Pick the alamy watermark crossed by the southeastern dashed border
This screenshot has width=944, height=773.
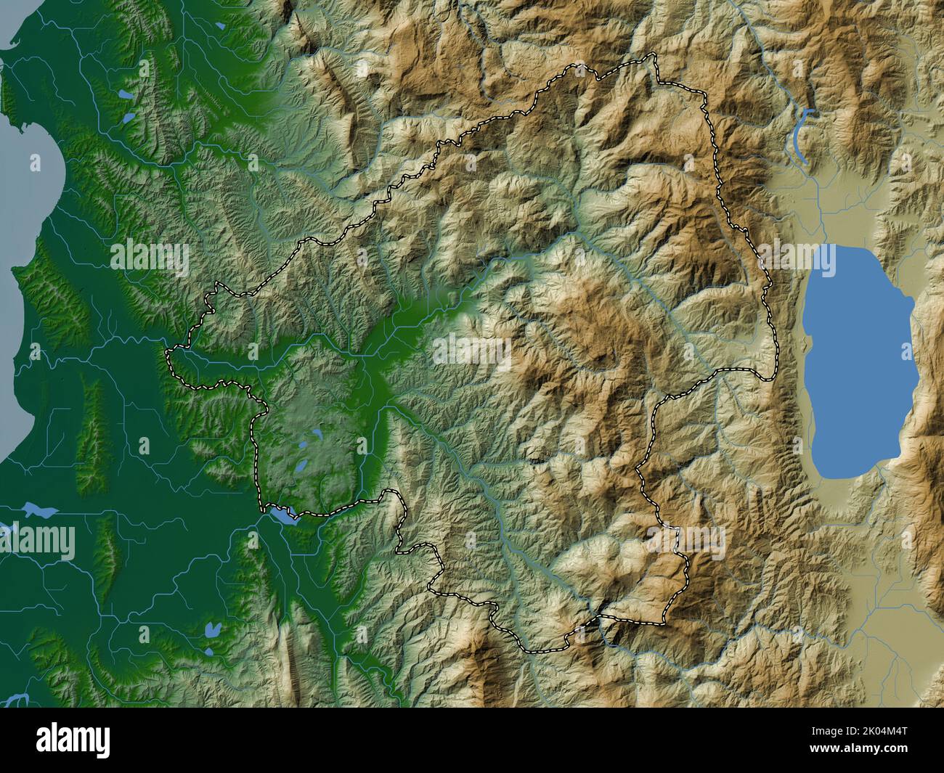(687, 540)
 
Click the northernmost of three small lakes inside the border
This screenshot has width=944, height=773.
(317, 435)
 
